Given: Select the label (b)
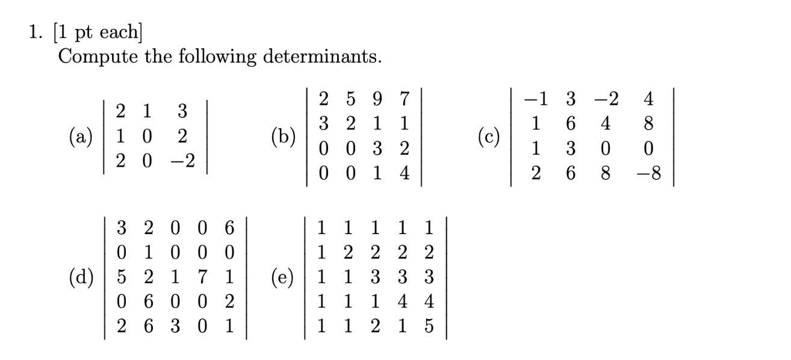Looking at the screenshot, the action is (x=283, y=137).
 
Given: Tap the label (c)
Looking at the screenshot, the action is (x=488, y=137).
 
